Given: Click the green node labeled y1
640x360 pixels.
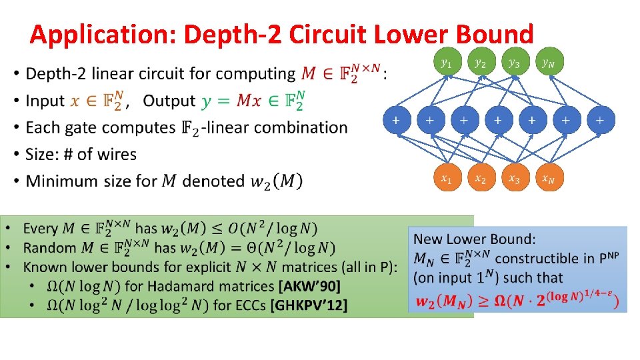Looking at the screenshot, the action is pos(446,63).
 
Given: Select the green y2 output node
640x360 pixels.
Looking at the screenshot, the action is pos(480,63).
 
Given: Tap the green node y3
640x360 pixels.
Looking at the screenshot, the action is pos(514,63).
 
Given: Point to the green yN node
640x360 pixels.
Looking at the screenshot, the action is pos(547,63).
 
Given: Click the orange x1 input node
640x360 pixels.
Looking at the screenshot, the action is pos(446,179).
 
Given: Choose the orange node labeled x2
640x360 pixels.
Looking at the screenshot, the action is pos(480,179).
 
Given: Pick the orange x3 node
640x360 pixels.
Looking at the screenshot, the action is pos(514,179).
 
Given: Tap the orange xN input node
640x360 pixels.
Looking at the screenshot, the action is pos(547,179).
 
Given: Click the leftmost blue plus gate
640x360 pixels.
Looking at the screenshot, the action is pos(396,121).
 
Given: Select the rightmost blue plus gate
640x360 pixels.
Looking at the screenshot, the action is pos(600,121).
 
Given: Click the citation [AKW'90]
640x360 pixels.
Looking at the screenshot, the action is pos(309,287).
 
